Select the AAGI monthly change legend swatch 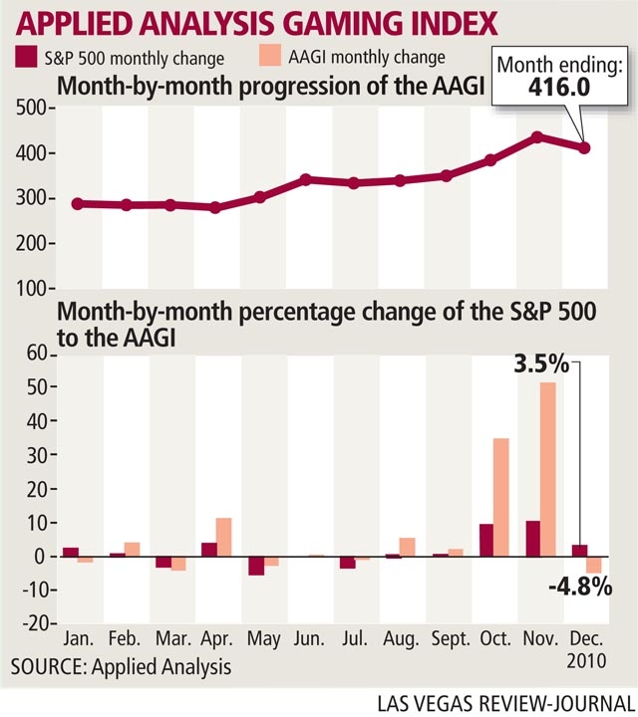pos(265,58)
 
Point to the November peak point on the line pos(536,136)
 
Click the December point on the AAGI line pos(584,148)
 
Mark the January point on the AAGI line pos(77,203)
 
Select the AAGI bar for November pos(548,469)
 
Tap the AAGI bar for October pos(501,497)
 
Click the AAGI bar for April pos(223,537)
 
